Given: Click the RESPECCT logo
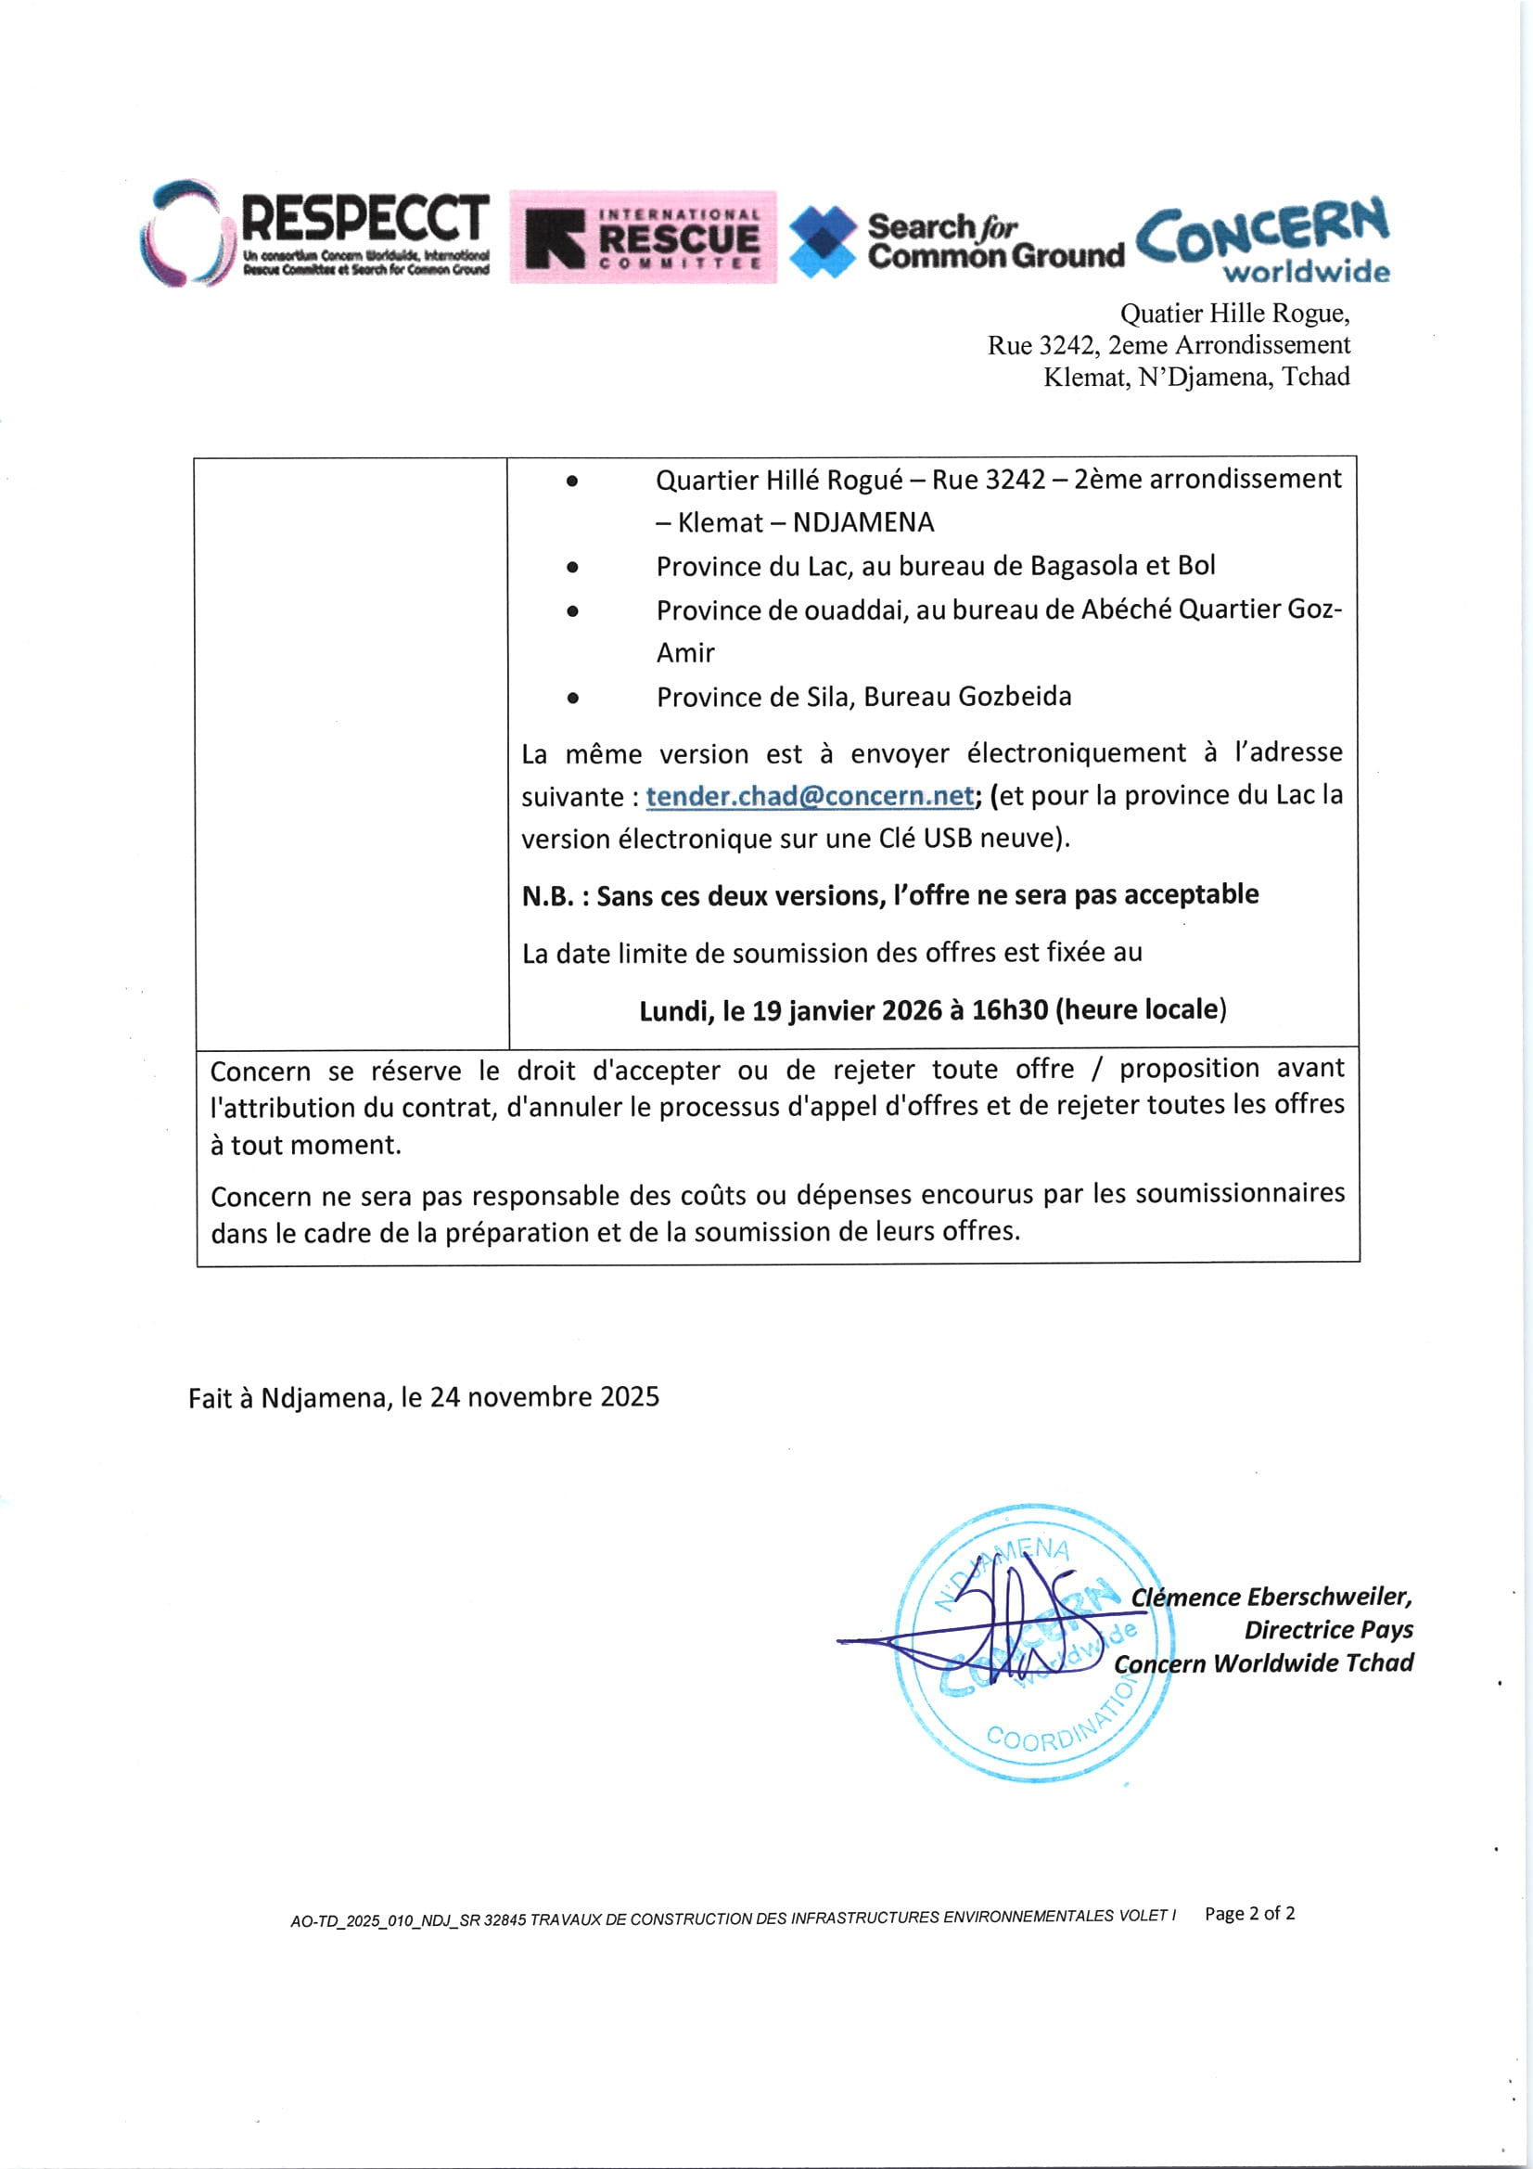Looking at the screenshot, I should click(316, 232).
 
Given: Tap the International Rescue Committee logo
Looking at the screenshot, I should click(643, 237).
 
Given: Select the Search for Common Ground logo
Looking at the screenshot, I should click(956, 241).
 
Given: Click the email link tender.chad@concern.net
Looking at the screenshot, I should click(810, 796).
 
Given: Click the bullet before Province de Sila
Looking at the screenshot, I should click(572, 699).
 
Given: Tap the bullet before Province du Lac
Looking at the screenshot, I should click(572, 568).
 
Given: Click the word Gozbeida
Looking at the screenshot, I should click(1015, 698).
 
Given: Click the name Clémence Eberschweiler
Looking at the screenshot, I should click(1271, 1598).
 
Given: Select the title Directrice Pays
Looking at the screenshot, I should click(1328, 1630).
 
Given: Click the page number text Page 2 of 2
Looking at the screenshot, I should click(1249, 1913).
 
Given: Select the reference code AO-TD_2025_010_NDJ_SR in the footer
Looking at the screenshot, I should click(386, 1919).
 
